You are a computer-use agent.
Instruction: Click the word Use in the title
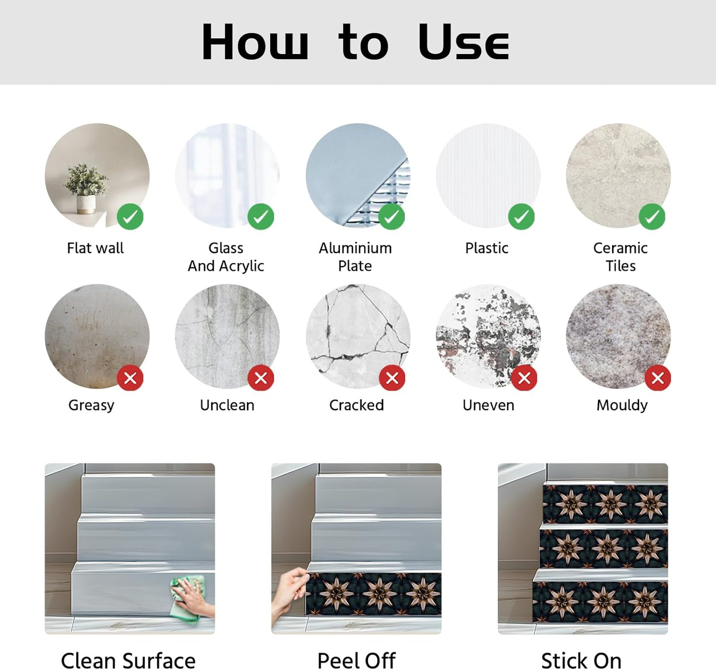(x=464, y=42)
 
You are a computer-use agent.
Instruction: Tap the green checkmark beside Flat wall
(x=130, y=217)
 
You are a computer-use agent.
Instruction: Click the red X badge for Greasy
(x=130, y=378)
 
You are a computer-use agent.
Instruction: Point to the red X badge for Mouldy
(x=658, y=378)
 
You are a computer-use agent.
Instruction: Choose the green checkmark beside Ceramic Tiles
(x=652, y=217)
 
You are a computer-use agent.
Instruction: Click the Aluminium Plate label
(x=355, y=257)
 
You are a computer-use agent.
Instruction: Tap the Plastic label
(x=487, y=248)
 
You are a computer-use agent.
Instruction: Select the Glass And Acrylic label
(x=226, y=257)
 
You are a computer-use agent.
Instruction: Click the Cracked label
(x=357, y=405)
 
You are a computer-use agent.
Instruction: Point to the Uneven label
(x=489, y=405)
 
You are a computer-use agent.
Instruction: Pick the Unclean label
(x=227, y=405)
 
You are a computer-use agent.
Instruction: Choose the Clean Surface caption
(x=128, y=661)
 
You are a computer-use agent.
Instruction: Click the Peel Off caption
(x=356, y=661)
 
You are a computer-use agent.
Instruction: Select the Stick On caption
(x=581, y=661)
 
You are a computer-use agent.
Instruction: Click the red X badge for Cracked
(x=392, y=378)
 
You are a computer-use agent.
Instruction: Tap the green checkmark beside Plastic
(x=521, y=217)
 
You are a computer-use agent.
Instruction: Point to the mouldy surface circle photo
(x=619, y=336)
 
